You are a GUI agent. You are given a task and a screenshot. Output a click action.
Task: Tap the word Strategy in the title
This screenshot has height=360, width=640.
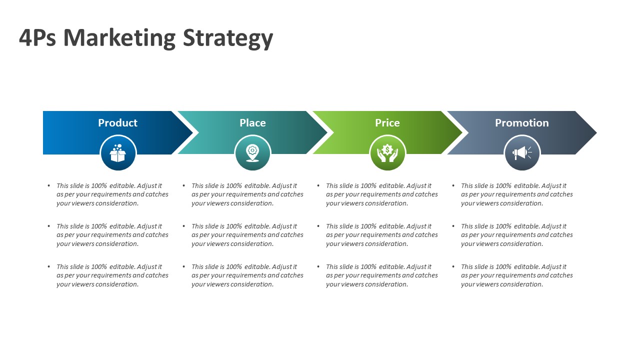[228, 39]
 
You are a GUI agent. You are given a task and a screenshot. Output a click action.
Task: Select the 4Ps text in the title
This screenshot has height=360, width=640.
[37, 37]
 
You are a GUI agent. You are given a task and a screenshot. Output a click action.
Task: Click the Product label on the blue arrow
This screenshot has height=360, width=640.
[117, 123]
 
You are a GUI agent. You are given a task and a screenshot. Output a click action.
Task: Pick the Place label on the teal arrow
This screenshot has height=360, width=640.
[252, 123]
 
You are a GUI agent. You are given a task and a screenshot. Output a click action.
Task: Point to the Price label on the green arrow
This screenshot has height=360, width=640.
[387, 123]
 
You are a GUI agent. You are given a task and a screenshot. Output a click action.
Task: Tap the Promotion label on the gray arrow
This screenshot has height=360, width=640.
[521, 123]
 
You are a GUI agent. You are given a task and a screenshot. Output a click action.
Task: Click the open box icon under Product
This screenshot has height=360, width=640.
[118, 153]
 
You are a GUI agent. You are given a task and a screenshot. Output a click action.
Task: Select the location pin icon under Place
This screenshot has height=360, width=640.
[252, 153]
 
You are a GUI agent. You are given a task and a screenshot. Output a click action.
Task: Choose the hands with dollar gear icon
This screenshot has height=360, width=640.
[387, 153]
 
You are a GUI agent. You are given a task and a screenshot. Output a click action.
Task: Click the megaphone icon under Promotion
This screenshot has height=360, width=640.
[522, 153]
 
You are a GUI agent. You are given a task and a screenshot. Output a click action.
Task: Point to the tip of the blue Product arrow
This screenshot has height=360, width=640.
[193, 132]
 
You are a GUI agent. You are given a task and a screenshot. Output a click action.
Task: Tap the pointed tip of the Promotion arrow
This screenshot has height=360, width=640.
[596, 132]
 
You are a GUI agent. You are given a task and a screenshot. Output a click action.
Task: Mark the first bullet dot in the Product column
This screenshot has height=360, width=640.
[49, 185]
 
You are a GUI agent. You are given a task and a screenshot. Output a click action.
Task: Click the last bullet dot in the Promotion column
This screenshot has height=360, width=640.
[453, 266]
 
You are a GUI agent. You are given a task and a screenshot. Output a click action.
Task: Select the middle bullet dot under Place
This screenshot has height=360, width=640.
[183, 226]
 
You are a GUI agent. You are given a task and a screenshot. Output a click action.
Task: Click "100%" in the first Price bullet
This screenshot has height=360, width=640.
[368, 185]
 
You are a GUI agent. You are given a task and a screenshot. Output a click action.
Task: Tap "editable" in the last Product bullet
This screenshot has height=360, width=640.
[122, 266]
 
